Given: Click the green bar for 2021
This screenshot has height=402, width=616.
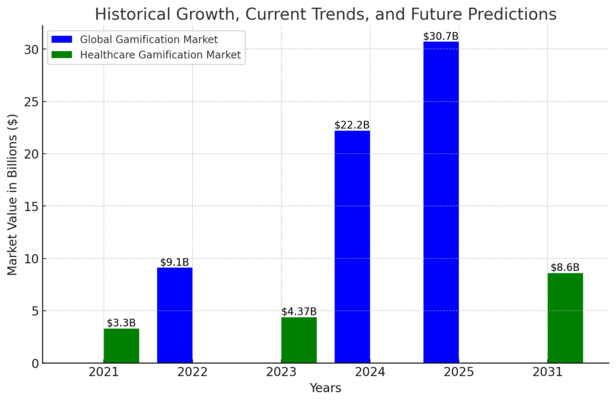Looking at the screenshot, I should [121, 346].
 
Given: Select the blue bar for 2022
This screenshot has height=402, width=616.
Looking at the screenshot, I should [174, 315].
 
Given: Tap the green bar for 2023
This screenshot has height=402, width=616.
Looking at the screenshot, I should [299, 340].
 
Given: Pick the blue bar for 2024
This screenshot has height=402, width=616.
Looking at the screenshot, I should [352, 246].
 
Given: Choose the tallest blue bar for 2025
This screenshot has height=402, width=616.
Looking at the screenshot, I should [441, 202].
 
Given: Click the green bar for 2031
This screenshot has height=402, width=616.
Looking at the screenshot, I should [565, 318].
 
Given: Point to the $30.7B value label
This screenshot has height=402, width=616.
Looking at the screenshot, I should [441, 37].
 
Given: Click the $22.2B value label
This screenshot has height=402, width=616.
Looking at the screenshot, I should [352, 125].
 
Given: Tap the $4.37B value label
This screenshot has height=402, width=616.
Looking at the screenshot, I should [299, 311].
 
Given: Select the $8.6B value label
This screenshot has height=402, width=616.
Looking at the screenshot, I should [565, 267].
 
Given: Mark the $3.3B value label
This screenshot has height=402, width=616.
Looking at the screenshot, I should [122, 323].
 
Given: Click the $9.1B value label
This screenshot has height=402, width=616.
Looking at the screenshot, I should [174, 262].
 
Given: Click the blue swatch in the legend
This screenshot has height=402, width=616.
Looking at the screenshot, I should [62, 40].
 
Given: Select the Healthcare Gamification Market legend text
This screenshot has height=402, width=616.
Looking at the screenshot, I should [161, 55].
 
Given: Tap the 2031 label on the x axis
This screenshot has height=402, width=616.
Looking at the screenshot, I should [547, 373].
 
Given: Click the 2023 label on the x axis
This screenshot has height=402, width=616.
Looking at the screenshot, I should [281, 373].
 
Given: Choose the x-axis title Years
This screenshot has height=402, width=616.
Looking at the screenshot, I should [325, 388].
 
